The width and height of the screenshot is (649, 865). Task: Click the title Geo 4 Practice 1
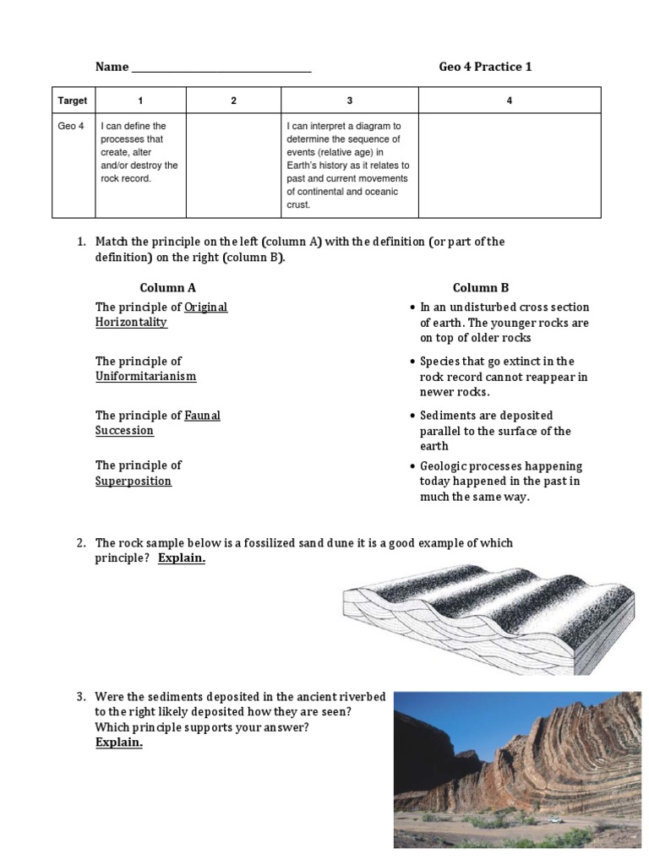[485, 67]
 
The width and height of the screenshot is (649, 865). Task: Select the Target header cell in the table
[72, 101]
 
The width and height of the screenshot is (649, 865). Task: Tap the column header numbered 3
[349, 101]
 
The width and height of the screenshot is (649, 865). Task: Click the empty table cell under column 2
[233, 165]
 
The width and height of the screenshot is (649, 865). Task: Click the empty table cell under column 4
[509, 165]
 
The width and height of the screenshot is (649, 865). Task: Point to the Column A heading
[167, 287]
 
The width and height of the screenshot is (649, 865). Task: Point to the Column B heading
[480, 287]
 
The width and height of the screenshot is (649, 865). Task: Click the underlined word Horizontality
[131, 322]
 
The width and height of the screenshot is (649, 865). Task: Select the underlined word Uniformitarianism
[145, 376]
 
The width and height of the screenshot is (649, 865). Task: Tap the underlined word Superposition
[133, 481]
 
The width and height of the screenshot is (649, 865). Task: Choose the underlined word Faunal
[202, 415]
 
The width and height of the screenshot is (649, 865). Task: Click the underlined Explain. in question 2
[182, 558]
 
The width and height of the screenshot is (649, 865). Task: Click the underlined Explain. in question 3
[118, 743]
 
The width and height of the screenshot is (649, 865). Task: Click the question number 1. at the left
[82, 242]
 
